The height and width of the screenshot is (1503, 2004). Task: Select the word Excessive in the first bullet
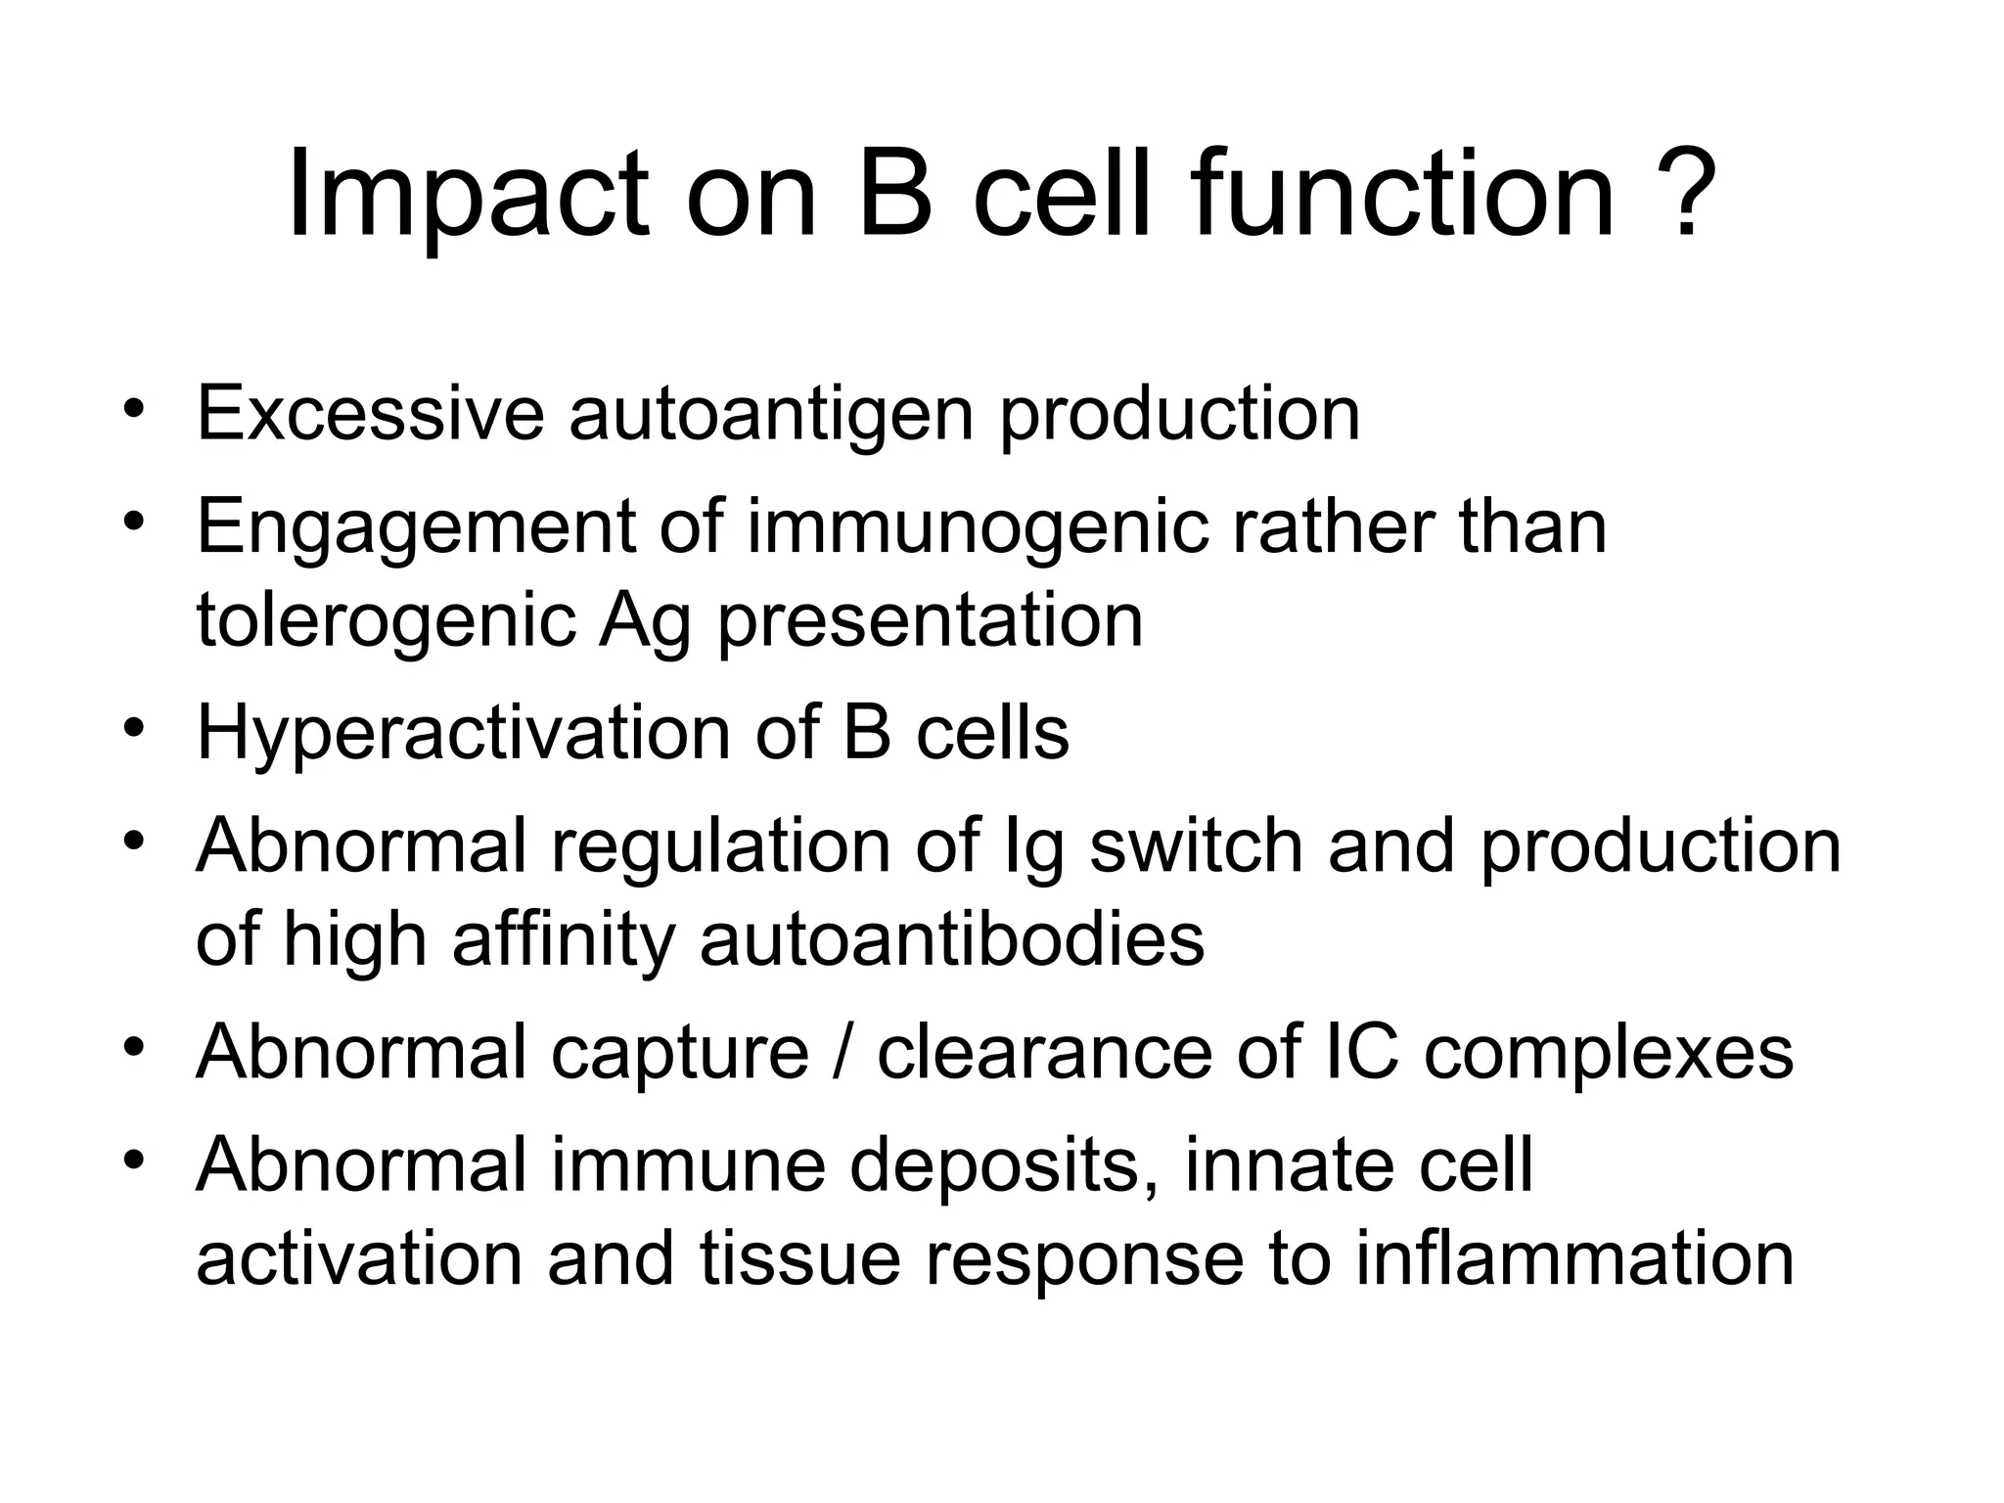click(x=370, y=414)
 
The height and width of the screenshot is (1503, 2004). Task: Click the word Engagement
click(x=416, y=528)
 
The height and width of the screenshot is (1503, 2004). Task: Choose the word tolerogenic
click(x=386, y=621)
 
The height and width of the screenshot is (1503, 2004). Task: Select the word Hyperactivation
click(x=463, y=734)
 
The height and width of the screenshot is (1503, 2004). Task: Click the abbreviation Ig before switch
click(x=1034, y=847)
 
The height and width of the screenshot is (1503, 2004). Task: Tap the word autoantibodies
click(x=951, y=939)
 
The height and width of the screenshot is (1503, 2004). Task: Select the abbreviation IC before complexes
click(x=1360, y=1053)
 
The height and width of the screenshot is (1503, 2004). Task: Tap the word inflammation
click(x=1574, y=1259)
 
